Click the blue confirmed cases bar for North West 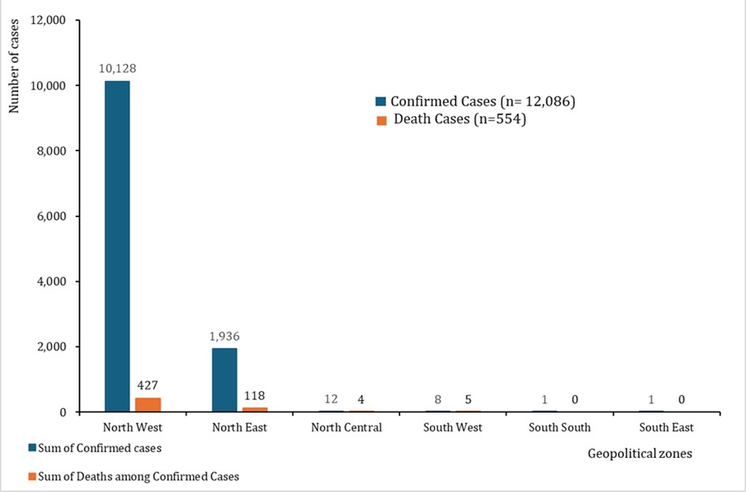click(x=117, y=246)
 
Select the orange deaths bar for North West click(x=147, y=404)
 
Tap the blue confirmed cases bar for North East click(x=224, y=379)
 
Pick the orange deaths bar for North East click(x=255, y=409)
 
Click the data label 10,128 click(x=116, y=68)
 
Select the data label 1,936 click(x=224, y=336)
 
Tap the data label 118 click(x=254, y=395)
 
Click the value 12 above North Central click(x=331, y=399)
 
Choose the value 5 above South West click(x=469, y=399)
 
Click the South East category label click(x=667, y=427)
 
